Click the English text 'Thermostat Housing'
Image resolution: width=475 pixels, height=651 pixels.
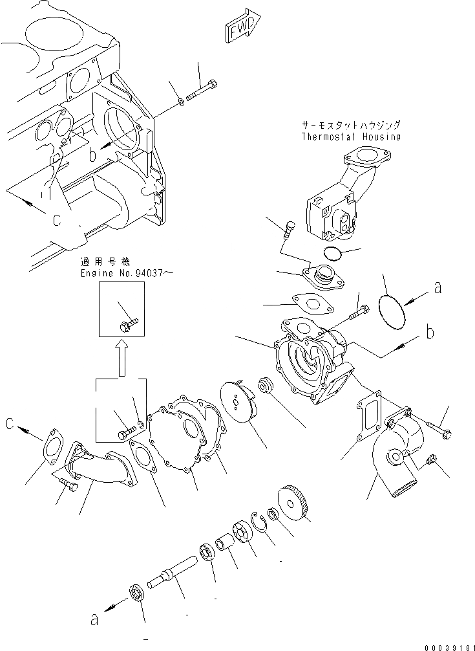click(351, 137)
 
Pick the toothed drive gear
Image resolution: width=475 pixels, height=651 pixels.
click(295, 502)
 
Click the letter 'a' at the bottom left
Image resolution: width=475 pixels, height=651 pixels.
click(95, 620)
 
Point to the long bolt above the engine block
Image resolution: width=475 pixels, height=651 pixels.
click(201, 91)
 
